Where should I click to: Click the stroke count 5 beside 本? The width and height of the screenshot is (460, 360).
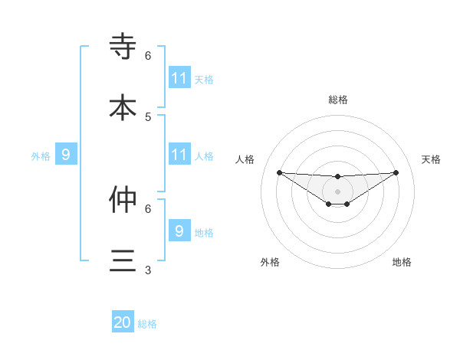click(148, 116)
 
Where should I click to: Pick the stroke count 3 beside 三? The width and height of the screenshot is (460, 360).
click(148, 270)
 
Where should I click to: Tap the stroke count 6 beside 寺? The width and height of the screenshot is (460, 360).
click(148, 55)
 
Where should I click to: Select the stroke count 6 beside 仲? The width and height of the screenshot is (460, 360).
click(148, 208)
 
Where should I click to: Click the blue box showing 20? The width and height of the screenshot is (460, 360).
click(123, 322)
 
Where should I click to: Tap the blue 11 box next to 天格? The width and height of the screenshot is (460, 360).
click(179, 78)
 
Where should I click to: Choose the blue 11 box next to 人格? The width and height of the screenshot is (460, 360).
click(179, 155)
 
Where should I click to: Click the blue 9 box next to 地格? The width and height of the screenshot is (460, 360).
click(179, 231)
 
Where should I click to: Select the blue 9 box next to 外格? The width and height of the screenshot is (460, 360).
click(66, 155)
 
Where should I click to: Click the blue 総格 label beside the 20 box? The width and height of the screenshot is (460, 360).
click(147, 324)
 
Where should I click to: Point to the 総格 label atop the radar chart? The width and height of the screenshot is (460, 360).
click(338, 100)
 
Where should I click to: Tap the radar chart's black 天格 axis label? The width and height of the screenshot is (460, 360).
click(432, 159)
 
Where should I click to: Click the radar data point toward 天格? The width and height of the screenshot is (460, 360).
click(396, 172)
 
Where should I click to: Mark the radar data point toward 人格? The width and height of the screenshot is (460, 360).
click(279, 172)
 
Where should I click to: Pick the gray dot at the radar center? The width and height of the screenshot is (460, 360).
click(338, 191)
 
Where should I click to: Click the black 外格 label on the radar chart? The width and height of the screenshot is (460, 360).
click(270, 262)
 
